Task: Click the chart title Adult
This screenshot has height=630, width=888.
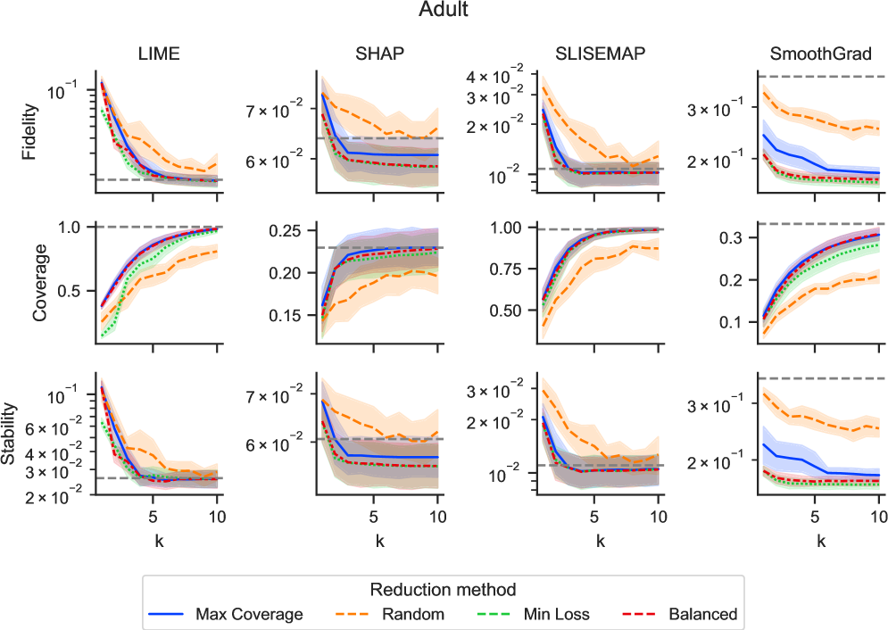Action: click(444, 12)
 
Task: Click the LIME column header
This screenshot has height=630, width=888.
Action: click(161, 54)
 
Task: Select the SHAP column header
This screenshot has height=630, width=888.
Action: click(379, 54)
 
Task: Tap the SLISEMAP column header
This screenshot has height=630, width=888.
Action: click(600, 54)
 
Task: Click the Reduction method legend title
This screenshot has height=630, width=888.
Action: click(444, 590)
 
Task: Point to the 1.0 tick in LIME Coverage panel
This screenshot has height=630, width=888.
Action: click(69, 228)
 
